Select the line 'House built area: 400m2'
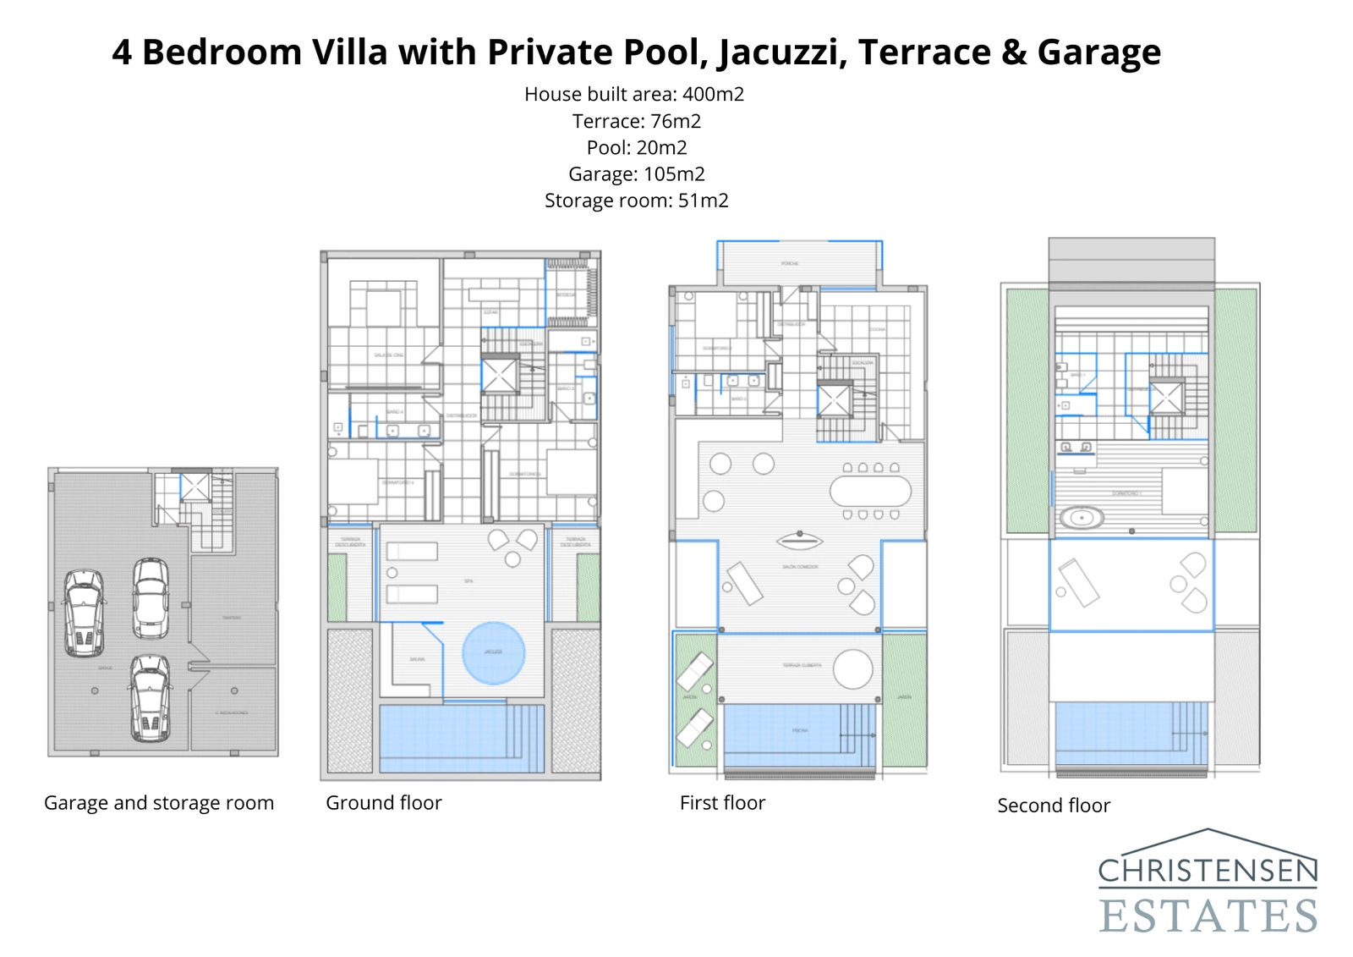point(634,94)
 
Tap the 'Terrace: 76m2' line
point(636,121)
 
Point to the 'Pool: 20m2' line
point(636,147)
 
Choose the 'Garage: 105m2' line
point(636,174)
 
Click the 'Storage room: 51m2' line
point(636,201)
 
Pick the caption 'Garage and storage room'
point(159,803)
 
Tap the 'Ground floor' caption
point(384,803)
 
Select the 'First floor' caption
point(722,803)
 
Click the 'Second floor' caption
point(1054,806)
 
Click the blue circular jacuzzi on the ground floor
point(494,652)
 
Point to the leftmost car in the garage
point(85,613)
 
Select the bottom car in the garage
point(151,699)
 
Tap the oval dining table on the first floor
point(870,491)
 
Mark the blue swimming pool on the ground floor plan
point(461,738)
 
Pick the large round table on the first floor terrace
point(852,669)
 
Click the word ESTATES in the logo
point(1208,916)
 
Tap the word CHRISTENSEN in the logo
point(1208,870)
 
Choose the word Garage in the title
point(1098,52)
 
